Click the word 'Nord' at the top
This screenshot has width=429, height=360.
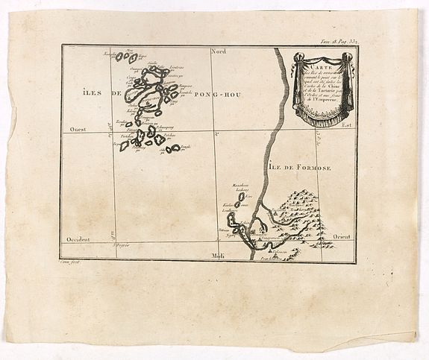tap(219, 51)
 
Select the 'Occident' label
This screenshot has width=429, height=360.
tap(78, 239)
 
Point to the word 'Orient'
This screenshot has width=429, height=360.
tap(341, 236)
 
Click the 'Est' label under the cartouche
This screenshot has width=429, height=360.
tap(345, 125)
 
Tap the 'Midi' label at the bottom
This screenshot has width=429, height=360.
tap(219, 256)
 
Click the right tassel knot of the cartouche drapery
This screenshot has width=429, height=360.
tap(348, 58)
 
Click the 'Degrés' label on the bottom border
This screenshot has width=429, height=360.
tap(120, 243)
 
